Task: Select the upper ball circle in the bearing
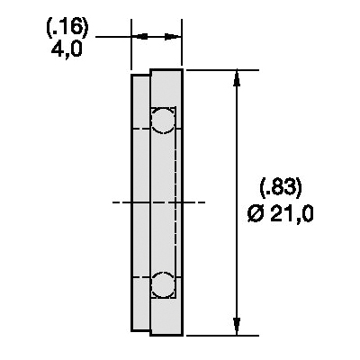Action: (x=163, y=119)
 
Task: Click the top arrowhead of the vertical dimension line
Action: (x=237, y=76)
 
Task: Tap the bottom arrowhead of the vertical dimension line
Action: (x=237, y=326)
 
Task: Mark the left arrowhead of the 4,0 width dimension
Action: (x=139, y=37)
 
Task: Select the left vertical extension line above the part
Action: (x=132, y=49)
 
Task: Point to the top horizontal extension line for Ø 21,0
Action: (x=216, y=68)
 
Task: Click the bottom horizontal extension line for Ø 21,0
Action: (x=216, y=334)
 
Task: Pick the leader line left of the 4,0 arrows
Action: (x=112, y=37)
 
